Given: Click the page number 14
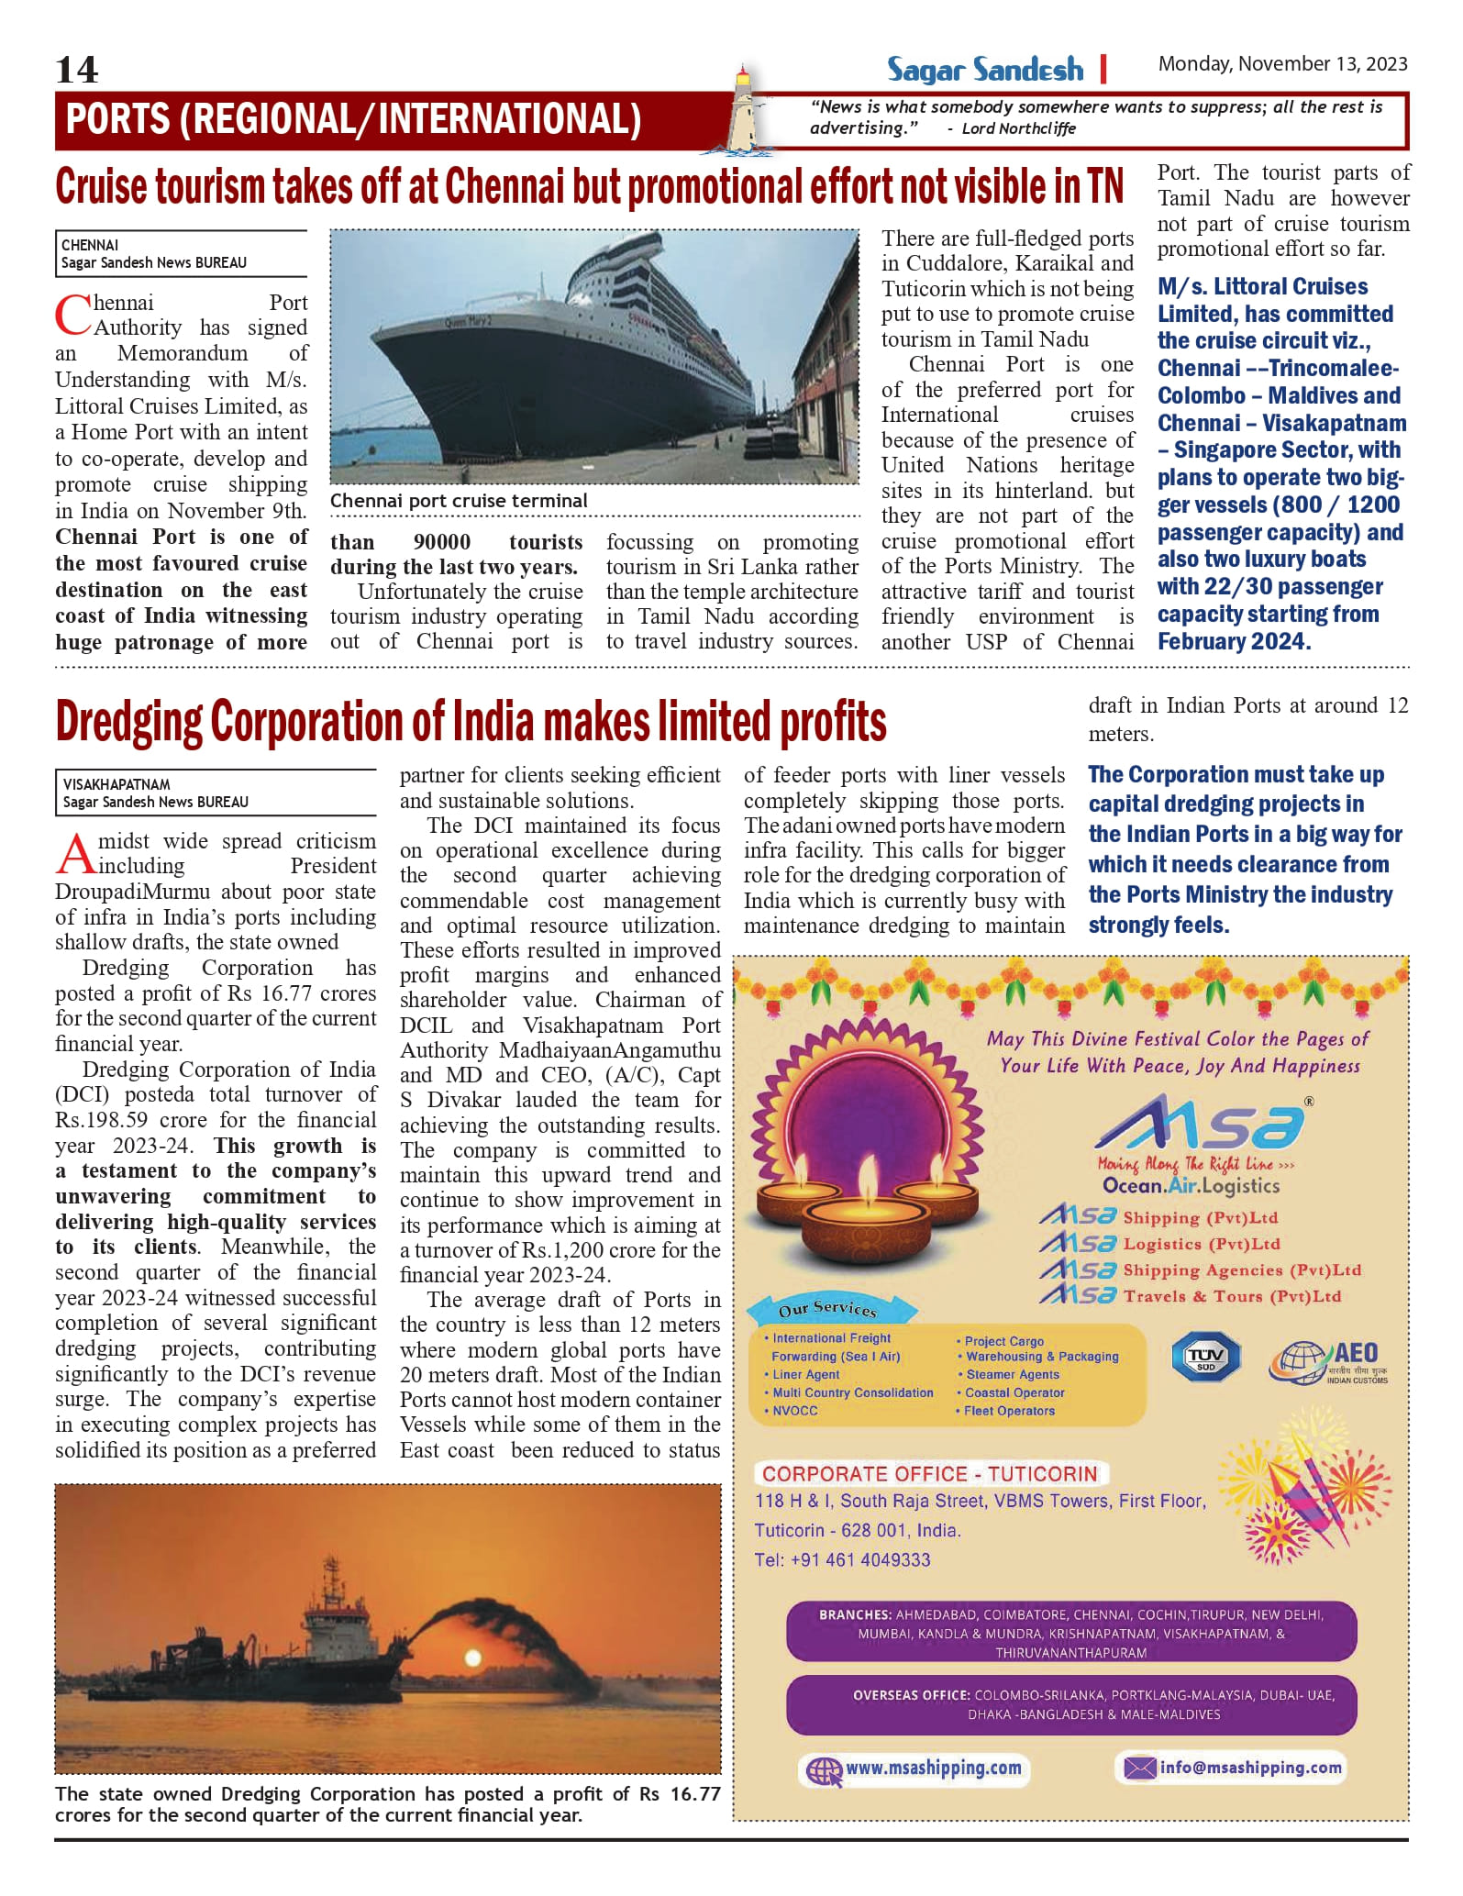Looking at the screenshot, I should coord(77,70).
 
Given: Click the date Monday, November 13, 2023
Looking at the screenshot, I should coord(1282,64).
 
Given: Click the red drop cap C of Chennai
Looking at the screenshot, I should coord(72,315).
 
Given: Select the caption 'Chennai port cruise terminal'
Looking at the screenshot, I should coord(459,501).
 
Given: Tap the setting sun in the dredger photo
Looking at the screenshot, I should coord(473,1658).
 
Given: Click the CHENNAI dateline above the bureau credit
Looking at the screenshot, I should coord(90,245).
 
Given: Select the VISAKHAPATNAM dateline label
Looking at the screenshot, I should coord(116,784).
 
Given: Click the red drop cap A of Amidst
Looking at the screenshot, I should coord(74,854).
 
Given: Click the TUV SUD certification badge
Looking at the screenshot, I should coord(1205,1357).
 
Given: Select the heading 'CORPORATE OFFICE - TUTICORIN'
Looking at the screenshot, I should coord(929,1474).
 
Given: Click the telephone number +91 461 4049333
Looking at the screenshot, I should coord(842,1560).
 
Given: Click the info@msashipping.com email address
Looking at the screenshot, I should coord(1249,1767).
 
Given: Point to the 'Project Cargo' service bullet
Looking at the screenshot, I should coord(1003,1341).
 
